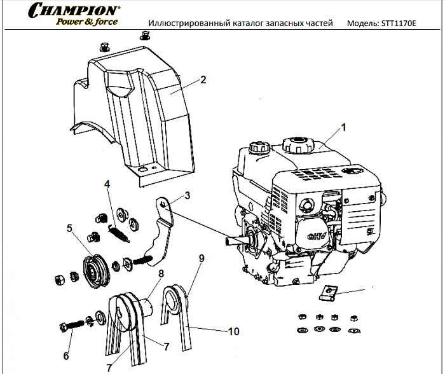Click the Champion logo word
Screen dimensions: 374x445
(x=76, y=11)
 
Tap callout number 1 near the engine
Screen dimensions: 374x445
(x=343, y=127)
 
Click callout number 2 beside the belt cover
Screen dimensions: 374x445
(x=203, y=80)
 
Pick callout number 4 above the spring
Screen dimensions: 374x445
(x=107, y=184)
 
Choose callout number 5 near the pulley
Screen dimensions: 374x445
(x=70, y=227)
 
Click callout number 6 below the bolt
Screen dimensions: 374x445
(x=66, y=356)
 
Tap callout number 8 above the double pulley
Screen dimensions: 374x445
(x=161, y=274)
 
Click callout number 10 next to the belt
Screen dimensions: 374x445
(x=233, y=331)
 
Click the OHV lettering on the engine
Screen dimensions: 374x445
(x=317, y=237)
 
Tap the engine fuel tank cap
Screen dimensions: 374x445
(x=296, y=143)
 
